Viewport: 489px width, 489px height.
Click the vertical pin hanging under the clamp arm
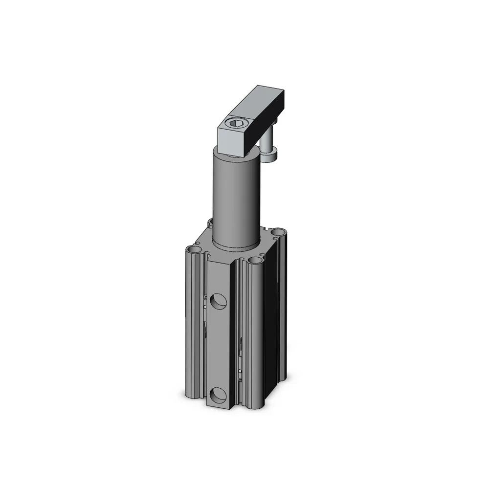(x=267, y=144)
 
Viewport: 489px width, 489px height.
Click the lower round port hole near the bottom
(x=218, y=394)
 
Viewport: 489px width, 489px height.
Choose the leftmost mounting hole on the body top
(x=197, y=250)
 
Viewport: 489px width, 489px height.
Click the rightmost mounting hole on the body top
(x=278, y=231)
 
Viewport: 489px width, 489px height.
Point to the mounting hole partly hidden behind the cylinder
(x=211, y=222)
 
